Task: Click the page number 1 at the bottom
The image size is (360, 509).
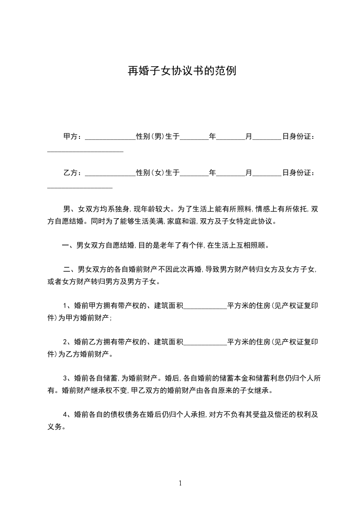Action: pyautogui.click(x=180, y=483)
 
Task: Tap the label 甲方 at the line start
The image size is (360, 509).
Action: pyautogui.click(x=70, y=136)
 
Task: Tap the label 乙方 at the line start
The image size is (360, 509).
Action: pyautogui.click(x=70, y=173)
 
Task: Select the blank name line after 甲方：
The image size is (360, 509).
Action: pyautogui.click(x=110, y=138)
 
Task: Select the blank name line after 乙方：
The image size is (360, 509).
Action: pyautogui.click(x=110, y=175)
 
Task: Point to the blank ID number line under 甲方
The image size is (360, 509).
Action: pyautogui.click(x=85, y=151)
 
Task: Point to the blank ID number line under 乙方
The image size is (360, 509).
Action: pyautogui.click(x=80, y=187)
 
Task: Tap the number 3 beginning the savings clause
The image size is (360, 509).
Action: pyautogui.click(x=65, y=377)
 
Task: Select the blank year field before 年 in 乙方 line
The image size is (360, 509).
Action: pyautogui.click(x=195, y=175)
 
